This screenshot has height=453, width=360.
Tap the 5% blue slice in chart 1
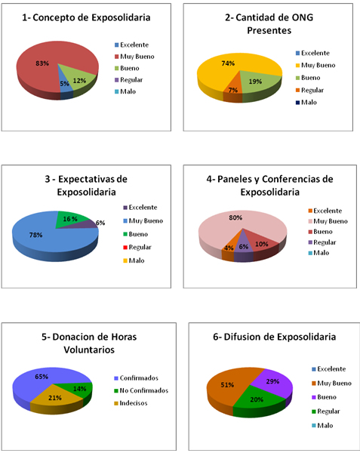pyautogui.click(x=66, y=84)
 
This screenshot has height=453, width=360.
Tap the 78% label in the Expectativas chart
pyautogui.click(x=36, y=235)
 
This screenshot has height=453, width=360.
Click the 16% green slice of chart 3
pyautogui.click(x=70, y=219)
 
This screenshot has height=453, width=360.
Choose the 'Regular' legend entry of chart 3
pyautogui.click(x=144, y=247)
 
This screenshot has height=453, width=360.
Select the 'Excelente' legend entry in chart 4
pyautogui.click(x=324, y=210)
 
